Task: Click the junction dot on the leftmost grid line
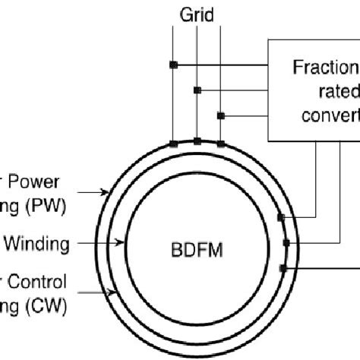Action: point(173,65)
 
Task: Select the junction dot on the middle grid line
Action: point(197,90)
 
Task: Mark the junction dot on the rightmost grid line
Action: point(220,115)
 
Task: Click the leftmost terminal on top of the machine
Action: point(173,143)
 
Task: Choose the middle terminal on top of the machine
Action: point(197,141)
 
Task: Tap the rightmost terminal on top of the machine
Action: point(220,143)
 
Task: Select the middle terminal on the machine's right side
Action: point(286,243)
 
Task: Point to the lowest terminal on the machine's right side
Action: point(282,268)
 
